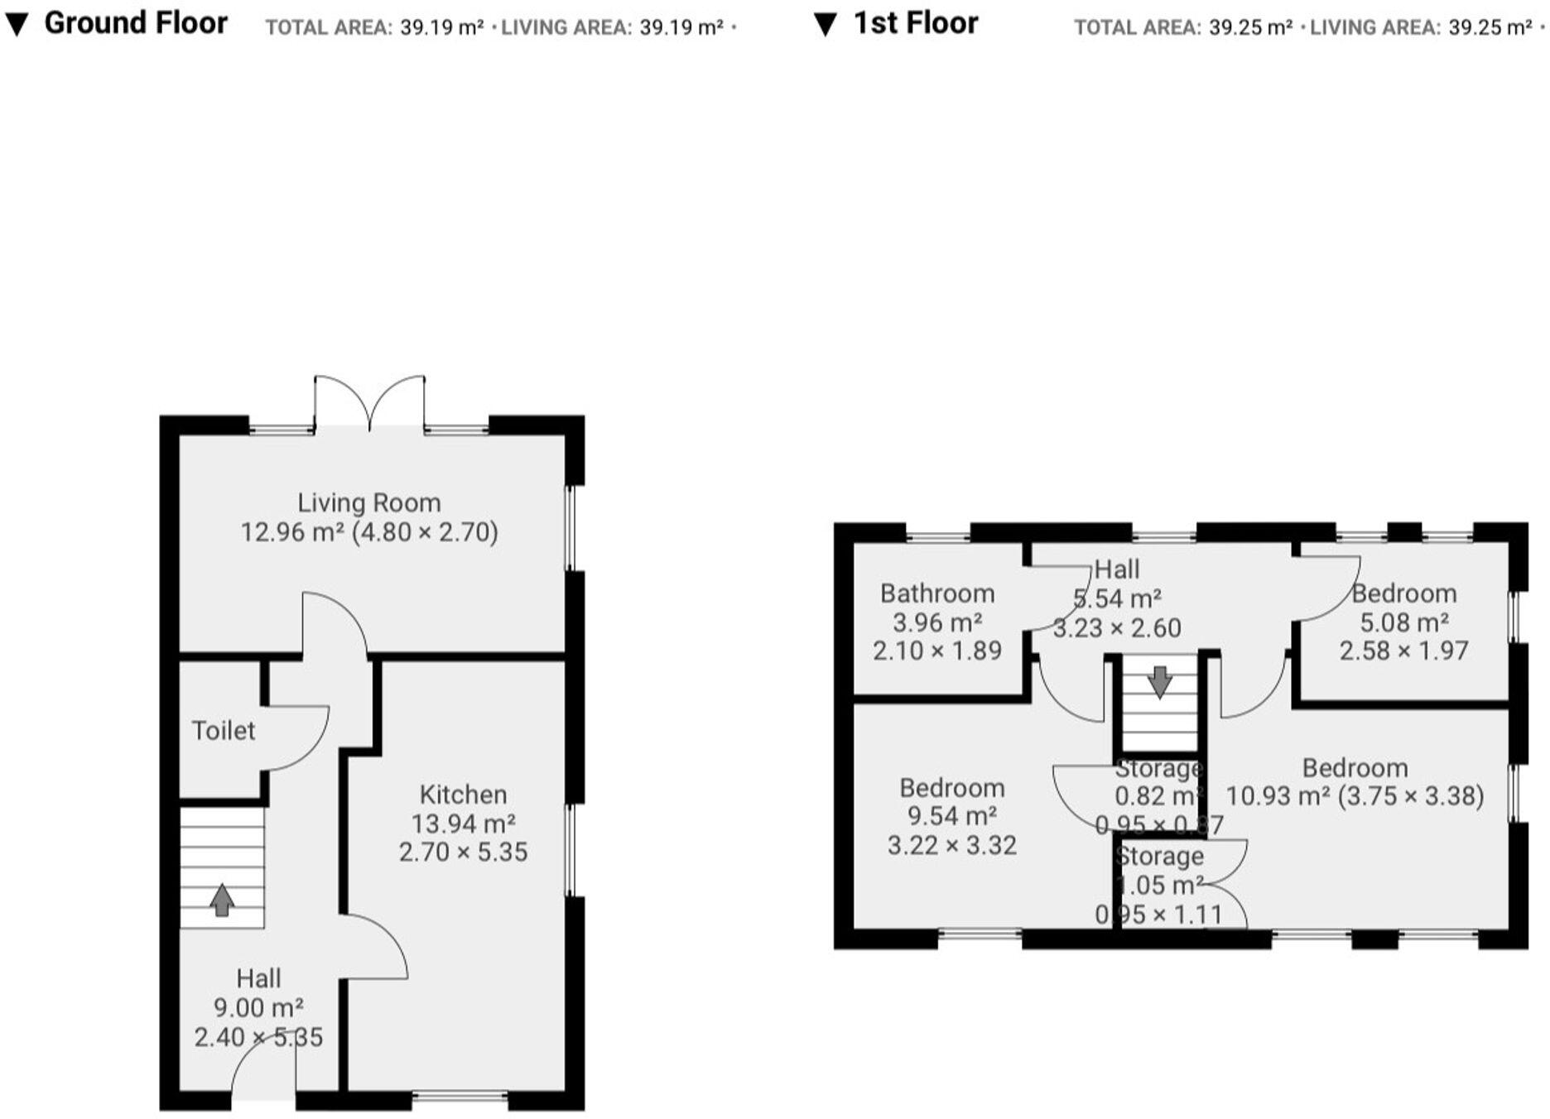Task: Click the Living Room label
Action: [368, 502]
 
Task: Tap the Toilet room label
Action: [223, 730]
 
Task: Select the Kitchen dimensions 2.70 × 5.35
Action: [463, 852]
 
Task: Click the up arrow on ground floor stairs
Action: [221, 900]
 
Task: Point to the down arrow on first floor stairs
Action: [1159, 682]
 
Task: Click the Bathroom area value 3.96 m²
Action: [937, 622]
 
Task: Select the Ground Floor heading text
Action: [136, 23]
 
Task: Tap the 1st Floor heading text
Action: [915, 23]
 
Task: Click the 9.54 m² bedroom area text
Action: [951, 816]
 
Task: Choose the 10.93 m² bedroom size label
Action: [1354, 795]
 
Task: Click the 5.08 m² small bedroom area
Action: [1403, 622]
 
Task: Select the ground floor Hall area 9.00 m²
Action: [258, 1007]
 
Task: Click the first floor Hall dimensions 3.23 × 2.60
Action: [1116, 627]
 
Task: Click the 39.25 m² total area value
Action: [1249, 27]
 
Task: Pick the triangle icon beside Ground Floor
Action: [17, 25]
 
